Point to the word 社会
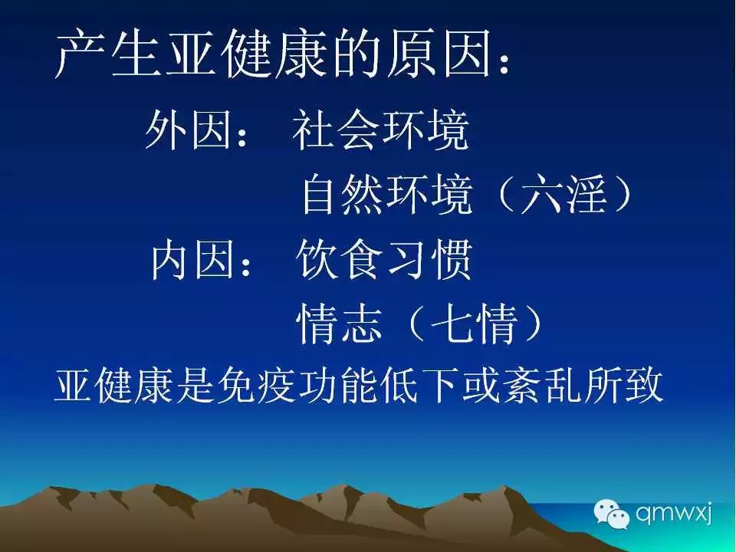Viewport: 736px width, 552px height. pos(334,129)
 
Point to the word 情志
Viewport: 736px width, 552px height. pos(339,324)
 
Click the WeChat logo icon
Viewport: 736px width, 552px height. pos(611,514)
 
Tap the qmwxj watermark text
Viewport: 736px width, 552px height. pos(674,513)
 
